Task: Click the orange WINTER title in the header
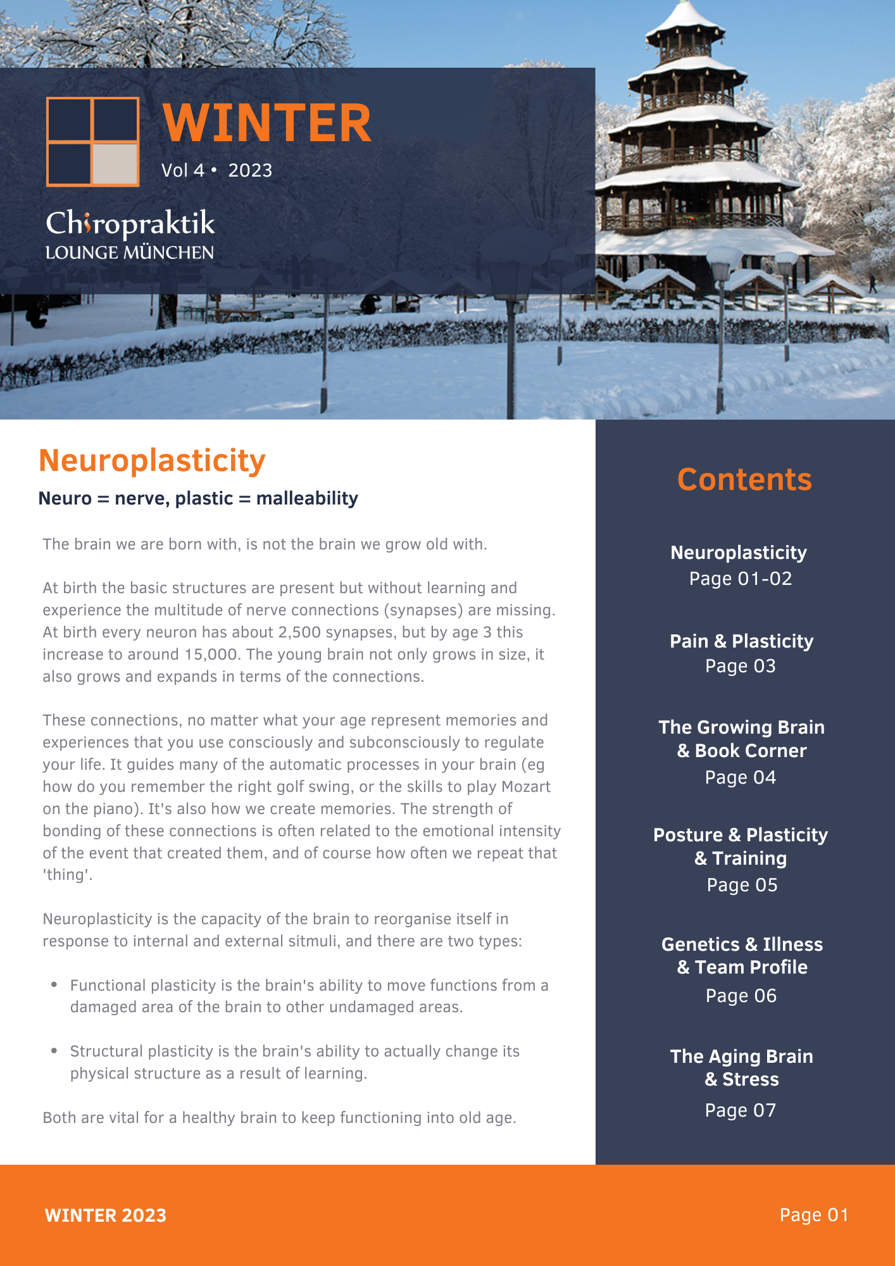tap(266, 123)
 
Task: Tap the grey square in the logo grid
tap(115, 163)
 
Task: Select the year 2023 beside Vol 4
tap(250, 171)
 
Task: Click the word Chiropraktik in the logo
tap(130, 224)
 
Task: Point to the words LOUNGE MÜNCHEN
tap(130, 253)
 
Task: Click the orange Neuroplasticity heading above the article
tap(152, 460)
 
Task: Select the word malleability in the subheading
tap(307, 499)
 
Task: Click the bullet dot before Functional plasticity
tap(54, 985)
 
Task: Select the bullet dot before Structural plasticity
tap(54, 1051)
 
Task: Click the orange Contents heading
tap(744, 480)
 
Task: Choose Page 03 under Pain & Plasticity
tap(741, 667)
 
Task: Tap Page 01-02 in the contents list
tap(741, 579)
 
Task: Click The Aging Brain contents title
tap(742, 1056)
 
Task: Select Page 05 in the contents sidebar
tap(742, 885)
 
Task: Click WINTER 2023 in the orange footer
tap(106, 1215)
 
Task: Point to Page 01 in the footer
tap(814, 1215)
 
